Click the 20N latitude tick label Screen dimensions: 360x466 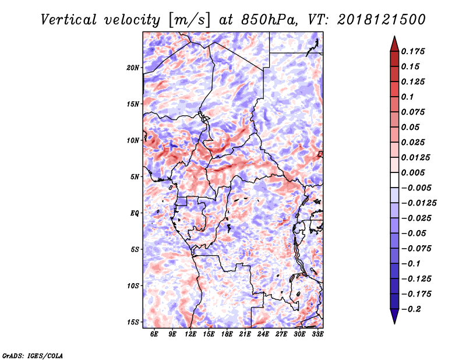pyautogui.click(x=133, y=68)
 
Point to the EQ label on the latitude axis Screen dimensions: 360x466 pyautogui.click(x=135, y=213)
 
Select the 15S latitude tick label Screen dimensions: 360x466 pyautogui.click(x=133, y=322)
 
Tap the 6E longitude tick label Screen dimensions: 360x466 pyautogui.click(x=154, y=334)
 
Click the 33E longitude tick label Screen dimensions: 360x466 pyautogui.click(x=317, y=334)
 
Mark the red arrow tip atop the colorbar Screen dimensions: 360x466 pyautogui.click(x=394, y=42)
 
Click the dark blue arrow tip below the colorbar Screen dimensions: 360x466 pyautogui.click(x=394, y=318)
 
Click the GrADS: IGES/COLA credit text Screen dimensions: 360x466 pyautogui.click(x=33, y=355)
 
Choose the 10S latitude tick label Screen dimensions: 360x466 pyautogui.click(x=133, y=285)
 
